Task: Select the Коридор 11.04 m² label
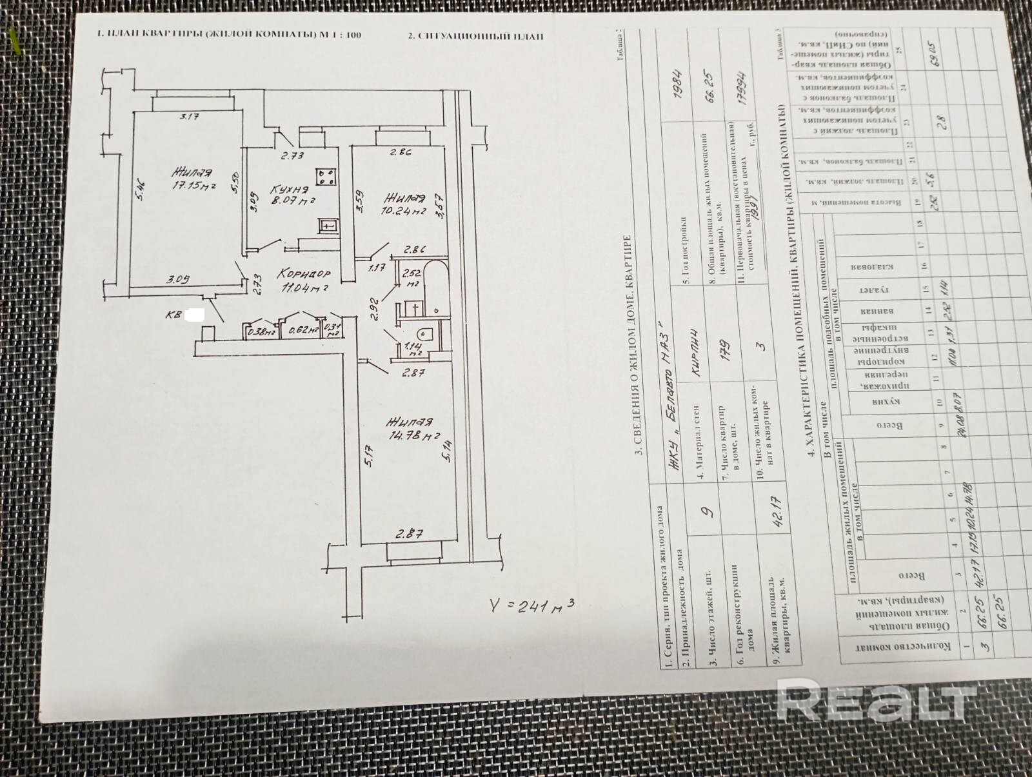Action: [303, 280]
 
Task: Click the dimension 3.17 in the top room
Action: [189, 117]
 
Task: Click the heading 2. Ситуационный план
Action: [476, 36]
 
